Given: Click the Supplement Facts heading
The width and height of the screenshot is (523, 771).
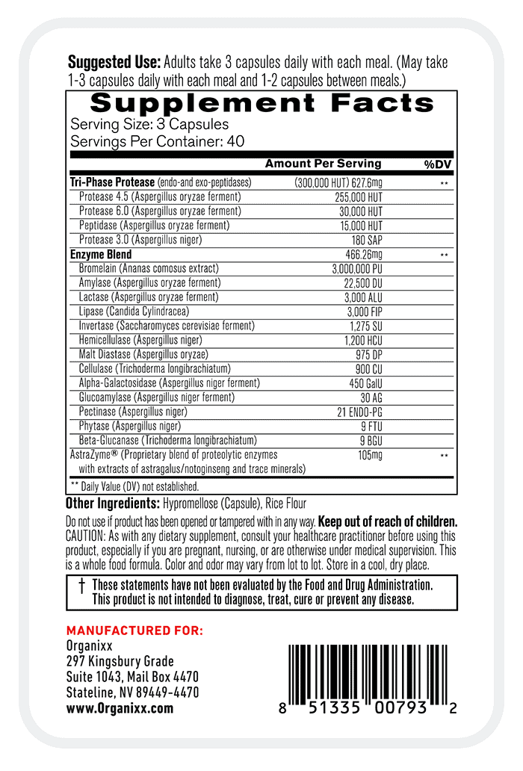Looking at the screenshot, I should tap(261, 103).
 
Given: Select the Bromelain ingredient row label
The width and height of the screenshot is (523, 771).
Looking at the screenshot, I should tap(148, 268).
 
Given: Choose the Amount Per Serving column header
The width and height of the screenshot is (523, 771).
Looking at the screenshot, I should tap(323, 164).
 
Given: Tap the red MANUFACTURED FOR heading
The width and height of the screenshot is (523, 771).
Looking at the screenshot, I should tap(134, 631).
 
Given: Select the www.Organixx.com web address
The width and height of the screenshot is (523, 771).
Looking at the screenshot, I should tap(120, 708).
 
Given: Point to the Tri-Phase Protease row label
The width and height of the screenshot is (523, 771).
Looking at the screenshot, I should tap(112, 182).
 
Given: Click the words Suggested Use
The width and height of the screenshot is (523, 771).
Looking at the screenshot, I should tap(114, 62).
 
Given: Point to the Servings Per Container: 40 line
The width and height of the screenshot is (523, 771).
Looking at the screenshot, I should tap(157, 141).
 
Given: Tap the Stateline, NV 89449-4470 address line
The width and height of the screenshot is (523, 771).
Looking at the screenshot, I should tap(132, 693).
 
